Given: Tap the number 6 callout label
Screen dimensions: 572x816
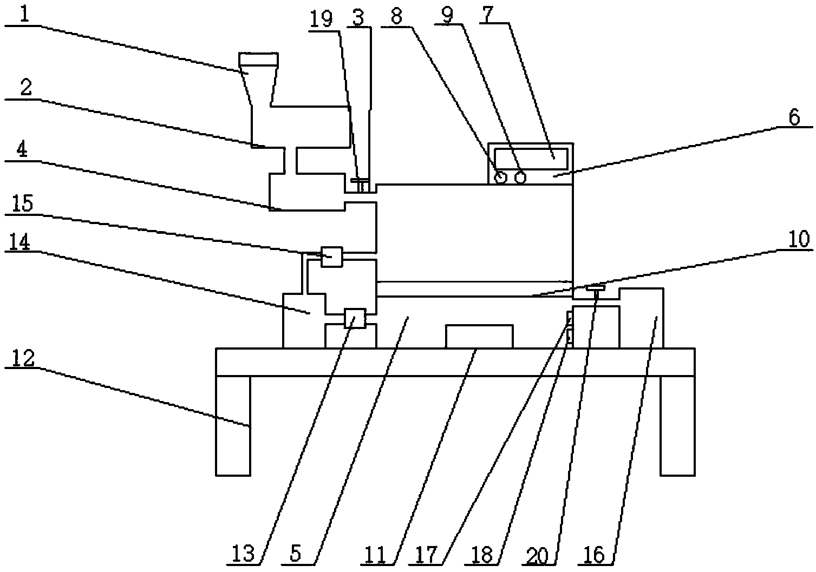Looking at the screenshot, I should [794, 117].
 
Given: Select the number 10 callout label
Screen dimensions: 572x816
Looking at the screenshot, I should [794, 239].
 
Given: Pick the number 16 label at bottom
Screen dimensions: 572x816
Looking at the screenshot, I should [594, 554].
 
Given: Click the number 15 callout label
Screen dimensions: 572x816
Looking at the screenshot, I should [22, 204].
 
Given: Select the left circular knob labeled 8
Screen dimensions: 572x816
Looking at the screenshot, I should [500, 177].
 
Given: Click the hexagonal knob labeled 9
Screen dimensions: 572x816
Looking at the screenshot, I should [520, 177].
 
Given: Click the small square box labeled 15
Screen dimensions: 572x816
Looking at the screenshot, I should [331, 257].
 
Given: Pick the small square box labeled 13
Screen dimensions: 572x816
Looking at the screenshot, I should [355, 318].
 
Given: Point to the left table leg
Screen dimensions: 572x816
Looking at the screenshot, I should [233, 425].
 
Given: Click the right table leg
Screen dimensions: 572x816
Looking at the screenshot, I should [677, 425].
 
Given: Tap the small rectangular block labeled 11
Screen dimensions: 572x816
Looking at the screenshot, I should [479, 336].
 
